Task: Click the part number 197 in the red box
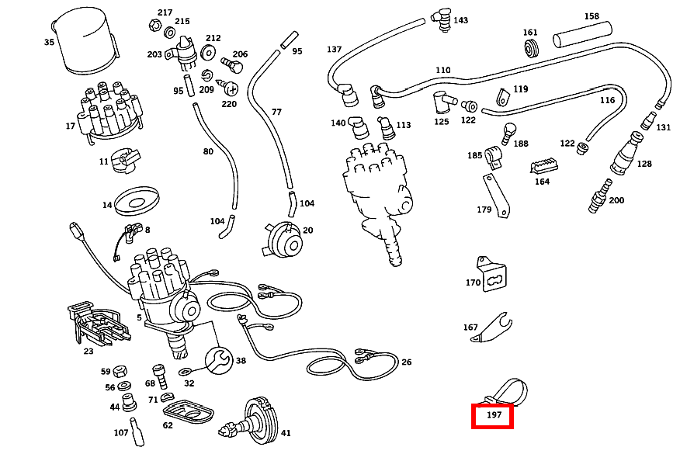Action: point(494,416)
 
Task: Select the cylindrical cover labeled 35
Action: point(85,40)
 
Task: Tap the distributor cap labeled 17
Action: point(112,112)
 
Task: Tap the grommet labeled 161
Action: point(531,50)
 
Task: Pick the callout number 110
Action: point(442,71)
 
